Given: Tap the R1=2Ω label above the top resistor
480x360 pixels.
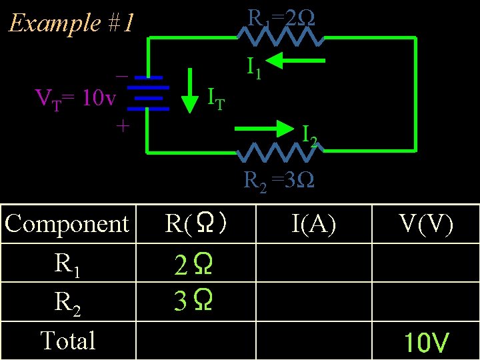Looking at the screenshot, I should pyautogui.click(x=281, y=18).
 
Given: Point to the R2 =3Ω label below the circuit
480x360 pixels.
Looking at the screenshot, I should pyautogui.click(x=279, y=180).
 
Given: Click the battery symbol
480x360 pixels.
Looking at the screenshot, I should pyautogui.click(x=145, y=91).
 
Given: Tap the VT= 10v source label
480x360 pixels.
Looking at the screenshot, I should pyautogui.click(x=75, y=99).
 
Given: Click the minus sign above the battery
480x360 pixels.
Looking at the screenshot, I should pyautogui.click(x=121, y=76).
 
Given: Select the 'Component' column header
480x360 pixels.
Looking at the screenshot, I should pyautogui.click(x=67, y=223).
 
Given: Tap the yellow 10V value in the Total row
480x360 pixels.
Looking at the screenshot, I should pyautogui.click(x=427, y=343).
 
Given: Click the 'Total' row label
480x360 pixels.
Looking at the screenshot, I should pyautogui.click(x=67, y=341).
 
